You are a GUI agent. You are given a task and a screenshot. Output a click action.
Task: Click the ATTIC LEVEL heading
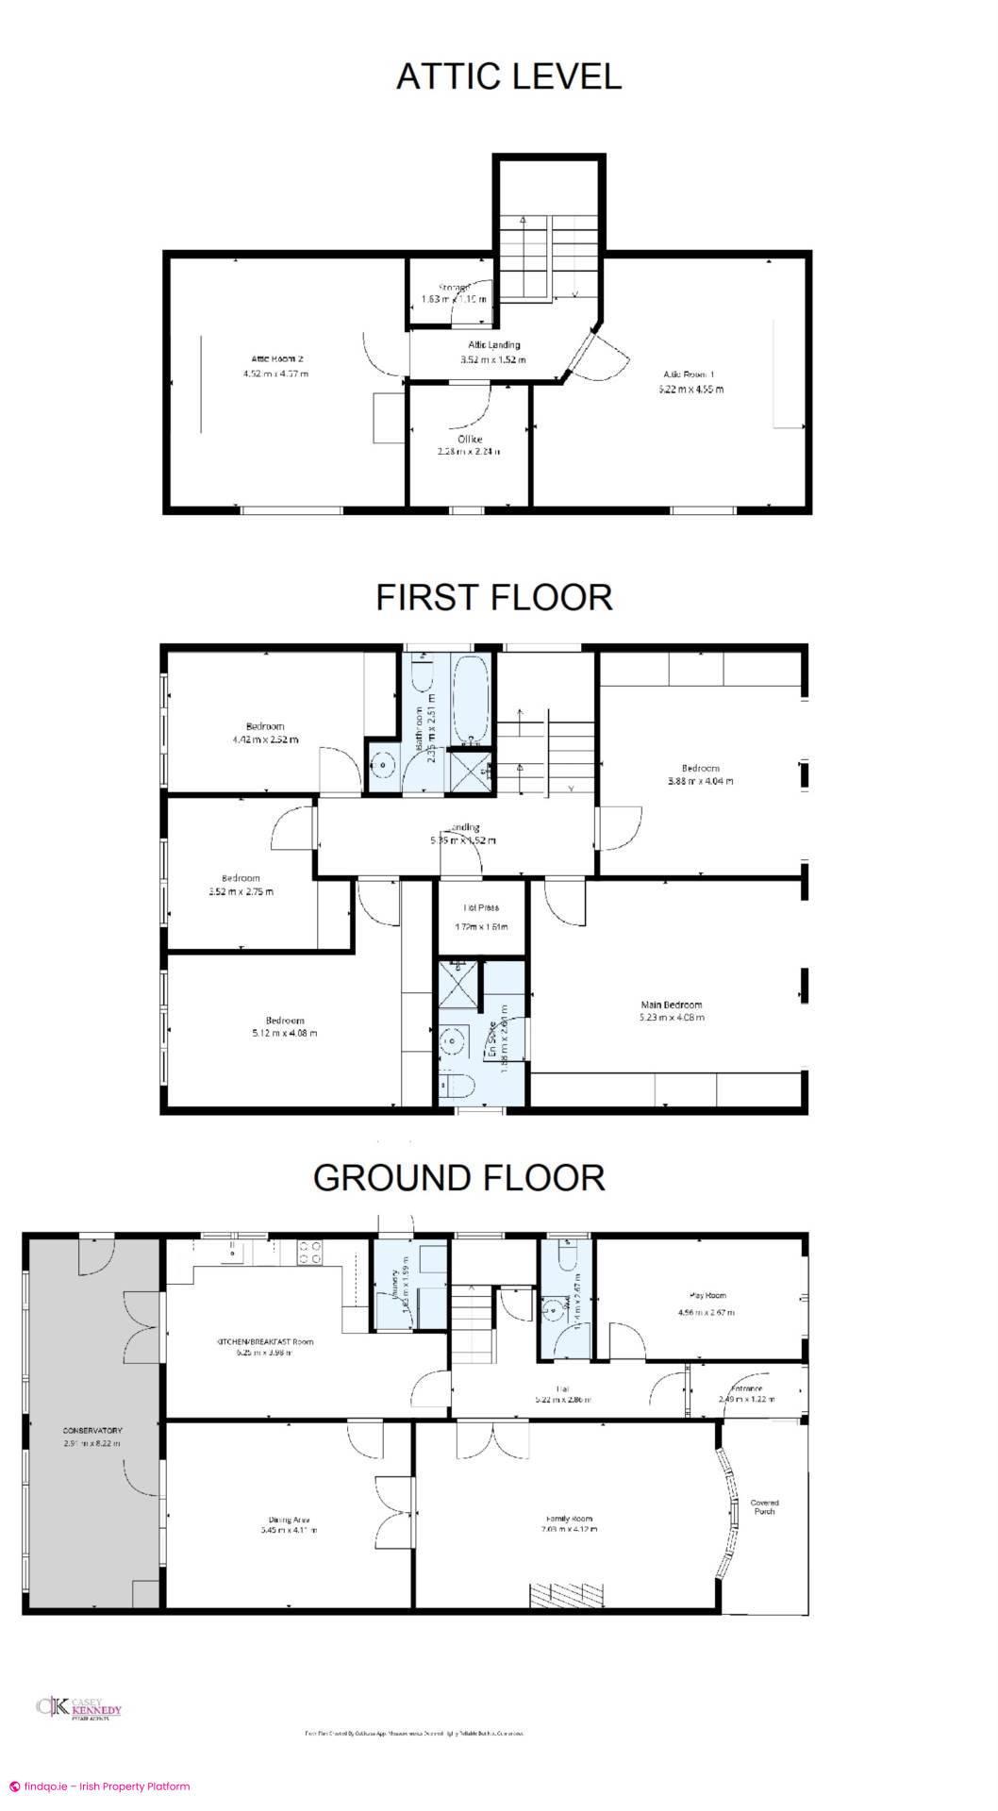tap(508, 76)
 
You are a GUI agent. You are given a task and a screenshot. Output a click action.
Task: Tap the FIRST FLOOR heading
tap(494, 597)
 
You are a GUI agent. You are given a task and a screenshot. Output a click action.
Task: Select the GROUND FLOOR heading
tap(458, 1177)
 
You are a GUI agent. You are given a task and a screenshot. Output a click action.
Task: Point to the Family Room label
tap(570, 1519)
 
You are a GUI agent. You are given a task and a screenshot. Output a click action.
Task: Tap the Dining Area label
tap(289, 1519)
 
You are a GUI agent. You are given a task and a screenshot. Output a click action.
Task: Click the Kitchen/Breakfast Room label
tap(264, 1341)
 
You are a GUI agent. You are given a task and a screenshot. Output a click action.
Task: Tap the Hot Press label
tap(480, 907)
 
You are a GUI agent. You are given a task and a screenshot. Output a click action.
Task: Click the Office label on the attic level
tap(470, 440)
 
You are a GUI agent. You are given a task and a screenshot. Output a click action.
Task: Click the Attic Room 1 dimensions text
tap(691, 389)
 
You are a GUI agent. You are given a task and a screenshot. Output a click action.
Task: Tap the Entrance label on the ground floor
tap(746, 1388)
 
